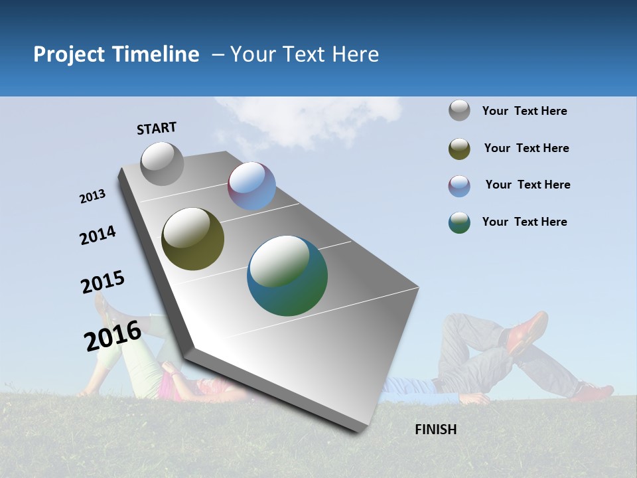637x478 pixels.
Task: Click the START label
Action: tap(157, 128)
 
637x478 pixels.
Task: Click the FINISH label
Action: tap(435, 430)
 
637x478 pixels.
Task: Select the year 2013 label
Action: tap(92, 197)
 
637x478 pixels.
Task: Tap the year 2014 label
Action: tap(98, 236)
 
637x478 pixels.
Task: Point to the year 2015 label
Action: tap(102, 282)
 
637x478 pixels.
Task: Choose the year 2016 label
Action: tap(112, 336)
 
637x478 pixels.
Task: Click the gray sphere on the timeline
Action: tap(162, 163)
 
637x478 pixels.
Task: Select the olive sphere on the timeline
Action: tap(192, 239)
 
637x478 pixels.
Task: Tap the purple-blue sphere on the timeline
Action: tap(251, 186)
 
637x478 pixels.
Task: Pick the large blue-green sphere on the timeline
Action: tap(287, 276)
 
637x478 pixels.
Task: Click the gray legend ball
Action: tap(459, 110)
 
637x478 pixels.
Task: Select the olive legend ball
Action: tap(459, 149)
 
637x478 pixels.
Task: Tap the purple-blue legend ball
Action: tap(459, 186)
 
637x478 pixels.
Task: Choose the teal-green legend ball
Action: tap(459, 222)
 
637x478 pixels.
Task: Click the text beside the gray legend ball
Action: tap(524, 111)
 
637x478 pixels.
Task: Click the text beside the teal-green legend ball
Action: tap(524, 222)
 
